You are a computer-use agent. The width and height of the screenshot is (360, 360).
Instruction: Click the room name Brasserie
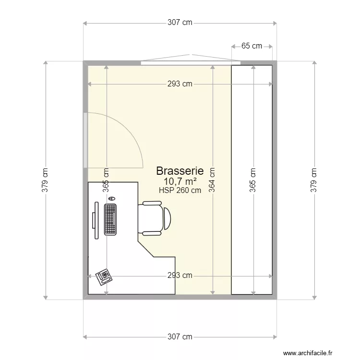[x=180, y=170]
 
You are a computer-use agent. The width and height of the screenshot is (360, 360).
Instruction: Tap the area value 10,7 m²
[x=180, y=181]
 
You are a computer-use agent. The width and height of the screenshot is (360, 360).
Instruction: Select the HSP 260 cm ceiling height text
[x=180, y=190]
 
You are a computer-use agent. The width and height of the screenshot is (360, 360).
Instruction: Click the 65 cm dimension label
[x=252, y=46]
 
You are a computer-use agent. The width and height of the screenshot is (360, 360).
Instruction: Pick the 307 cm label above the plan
[x=180, y=23]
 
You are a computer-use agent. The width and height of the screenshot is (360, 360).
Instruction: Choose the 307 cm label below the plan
[x=180, y=337]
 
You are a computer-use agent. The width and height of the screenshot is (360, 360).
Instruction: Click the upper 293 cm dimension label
[x=180, y=84]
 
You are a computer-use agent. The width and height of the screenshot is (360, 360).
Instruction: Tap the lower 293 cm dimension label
[x=180, y=276]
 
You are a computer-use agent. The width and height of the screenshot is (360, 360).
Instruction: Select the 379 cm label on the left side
[x=46, y=180]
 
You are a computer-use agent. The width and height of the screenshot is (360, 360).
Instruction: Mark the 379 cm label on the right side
[x=314, y=180]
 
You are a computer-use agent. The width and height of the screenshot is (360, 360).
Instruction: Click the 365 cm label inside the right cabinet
[x=252, y=180]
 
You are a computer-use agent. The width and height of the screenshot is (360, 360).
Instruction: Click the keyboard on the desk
[x=110, y=219]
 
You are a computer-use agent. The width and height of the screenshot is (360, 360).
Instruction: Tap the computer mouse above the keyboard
[x=112, y=198]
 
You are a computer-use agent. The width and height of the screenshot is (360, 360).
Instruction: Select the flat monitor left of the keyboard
[x=96, y=220]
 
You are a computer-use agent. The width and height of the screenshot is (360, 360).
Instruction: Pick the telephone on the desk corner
[x=104, y=276]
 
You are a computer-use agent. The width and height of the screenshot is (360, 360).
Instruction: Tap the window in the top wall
[x=191, y=62]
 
